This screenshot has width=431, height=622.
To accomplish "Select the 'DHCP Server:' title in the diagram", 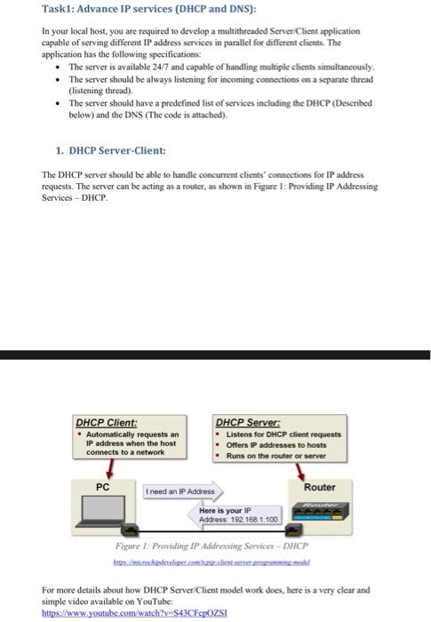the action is pyautogui.click(x=247, y=422).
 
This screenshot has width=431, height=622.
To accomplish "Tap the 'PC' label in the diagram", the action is pyautogui.click(x=103, y=487).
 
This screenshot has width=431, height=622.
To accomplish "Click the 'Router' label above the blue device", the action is pyautogui.click(x=319, y=487).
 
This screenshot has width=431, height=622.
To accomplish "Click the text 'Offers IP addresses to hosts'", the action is pyautogui.click(x=276, y=444).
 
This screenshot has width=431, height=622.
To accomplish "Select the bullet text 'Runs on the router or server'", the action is pyautogui.click(x=276, y=456).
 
